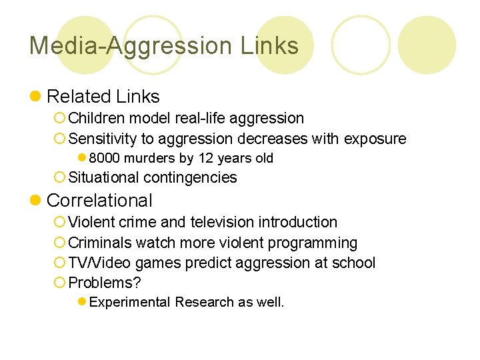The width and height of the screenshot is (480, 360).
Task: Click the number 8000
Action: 103,158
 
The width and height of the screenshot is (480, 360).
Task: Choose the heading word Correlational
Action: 99,200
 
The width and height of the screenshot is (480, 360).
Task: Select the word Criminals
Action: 98,243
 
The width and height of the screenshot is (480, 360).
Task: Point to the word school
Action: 354,263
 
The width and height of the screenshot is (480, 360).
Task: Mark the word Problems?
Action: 105,283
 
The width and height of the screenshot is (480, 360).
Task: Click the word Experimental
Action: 129,302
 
